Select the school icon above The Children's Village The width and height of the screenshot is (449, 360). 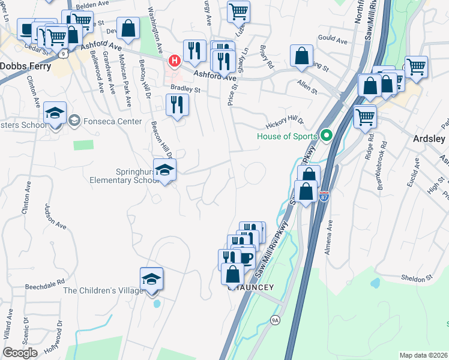(x=151, y=278)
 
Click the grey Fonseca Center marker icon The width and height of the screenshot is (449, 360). (x=74, y=121)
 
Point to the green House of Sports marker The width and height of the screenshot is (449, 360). (x=327, y=136)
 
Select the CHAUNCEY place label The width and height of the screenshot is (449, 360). (x=251, y=287)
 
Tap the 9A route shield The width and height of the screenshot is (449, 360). (x=275, y=320)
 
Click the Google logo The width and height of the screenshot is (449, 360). (x=20, y=353)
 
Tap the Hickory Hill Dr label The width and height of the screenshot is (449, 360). (x=285, y=123)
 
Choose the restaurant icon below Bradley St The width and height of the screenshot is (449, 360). (x=177, y=106)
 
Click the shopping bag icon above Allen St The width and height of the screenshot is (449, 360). (x=301, y=56)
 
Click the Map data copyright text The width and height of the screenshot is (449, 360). (x=423, y=355)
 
